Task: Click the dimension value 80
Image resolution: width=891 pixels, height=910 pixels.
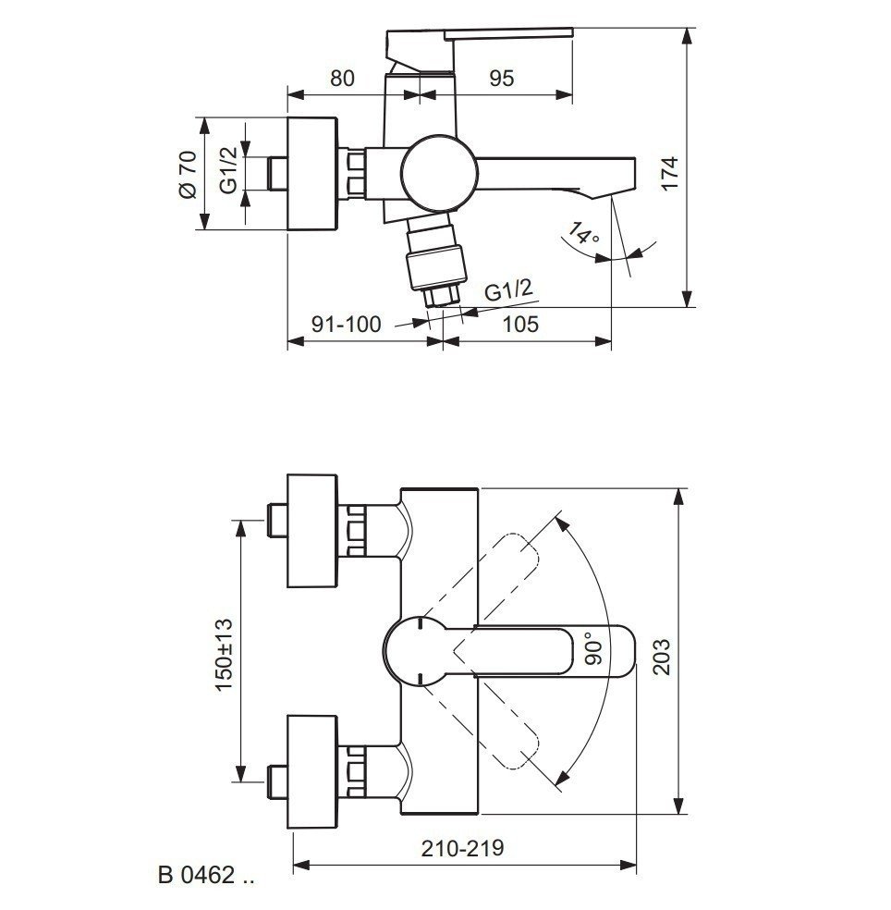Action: [342, 78]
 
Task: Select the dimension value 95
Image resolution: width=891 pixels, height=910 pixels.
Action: [501, 78]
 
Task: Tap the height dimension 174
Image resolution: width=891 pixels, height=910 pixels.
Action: [670, 173]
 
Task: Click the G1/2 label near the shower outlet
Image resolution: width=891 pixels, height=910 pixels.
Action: [509, 292]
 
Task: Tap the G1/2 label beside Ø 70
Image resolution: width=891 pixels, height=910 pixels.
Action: [229, 170]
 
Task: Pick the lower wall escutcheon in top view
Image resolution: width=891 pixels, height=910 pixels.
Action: [314, 772]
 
